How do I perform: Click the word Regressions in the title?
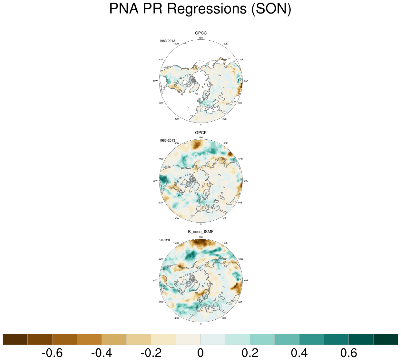coord(207,9)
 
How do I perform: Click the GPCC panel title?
coord(201,33)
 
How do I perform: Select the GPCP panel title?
coord(201,133)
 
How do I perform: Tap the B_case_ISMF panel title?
coord(201,232)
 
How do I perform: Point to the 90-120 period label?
coord(164,240)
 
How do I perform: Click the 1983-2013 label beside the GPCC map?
coord(167,41)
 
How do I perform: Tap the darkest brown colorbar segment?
coord(15,339)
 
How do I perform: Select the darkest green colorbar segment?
coord(386,339)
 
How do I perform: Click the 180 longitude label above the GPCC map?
coord(201,38)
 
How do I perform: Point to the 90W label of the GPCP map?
coord(155,181)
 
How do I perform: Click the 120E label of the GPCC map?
coord(241,59)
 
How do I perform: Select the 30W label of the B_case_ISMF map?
coord(177,318)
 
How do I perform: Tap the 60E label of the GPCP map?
coord(240,203)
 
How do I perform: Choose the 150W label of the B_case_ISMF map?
coord(176,243)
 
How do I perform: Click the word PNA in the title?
coord(124,9)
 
